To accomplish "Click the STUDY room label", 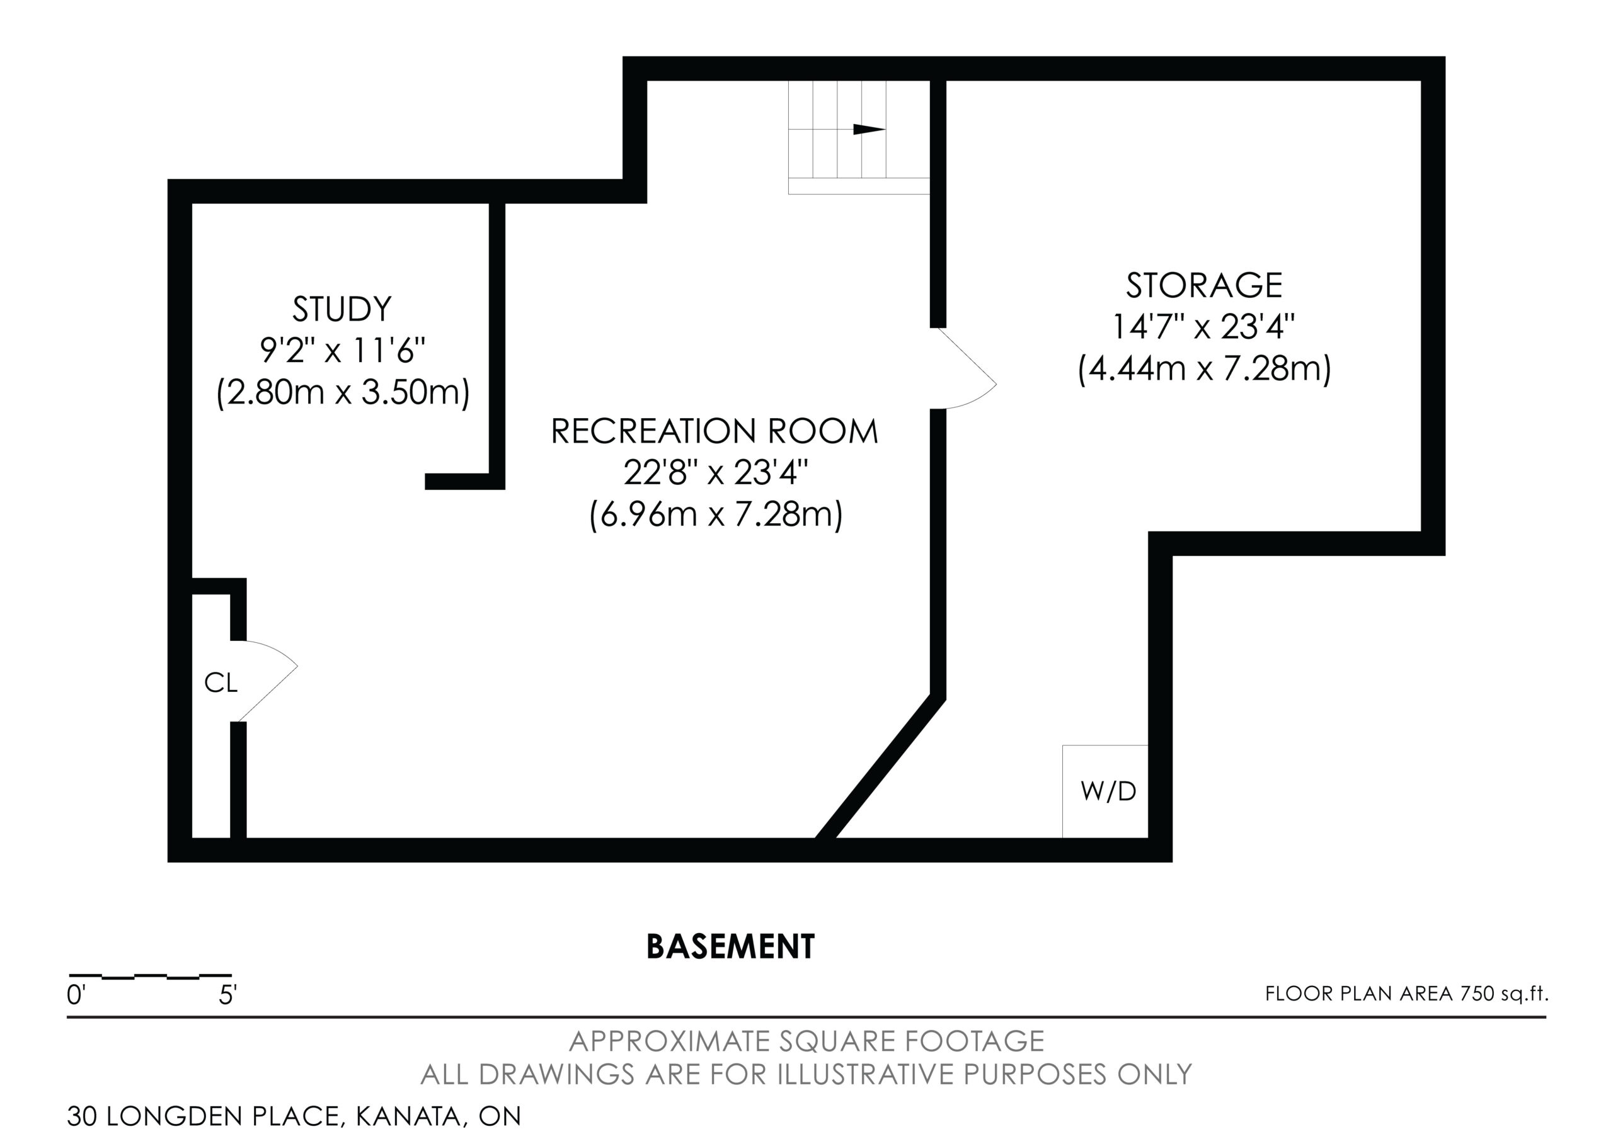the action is tap(342, 309).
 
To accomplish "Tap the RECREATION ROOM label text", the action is tap(715, 431).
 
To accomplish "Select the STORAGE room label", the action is tap(1204, 285).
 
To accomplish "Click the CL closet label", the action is tap(221, 683).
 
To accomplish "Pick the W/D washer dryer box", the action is tap(1105, 791).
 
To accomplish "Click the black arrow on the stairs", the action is tap(869, 129).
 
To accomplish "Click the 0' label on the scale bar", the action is tap(76, 995).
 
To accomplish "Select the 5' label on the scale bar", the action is tap(227, 995).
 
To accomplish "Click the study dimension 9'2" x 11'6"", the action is tap(343, 351).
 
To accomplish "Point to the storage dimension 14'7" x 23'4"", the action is tap(1204, 327).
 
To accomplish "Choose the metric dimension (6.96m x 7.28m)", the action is tap(716, 515).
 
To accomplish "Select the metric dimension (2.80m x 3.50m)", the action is tap(343, 392).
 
